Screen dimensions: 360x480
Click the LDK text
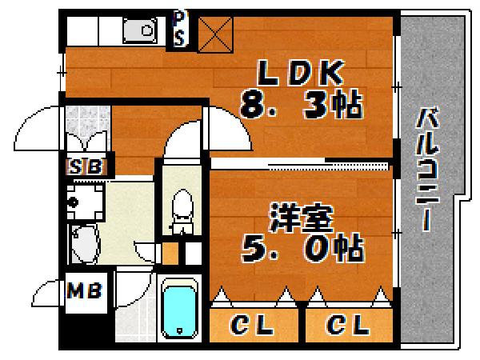[x=300, y=75]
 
